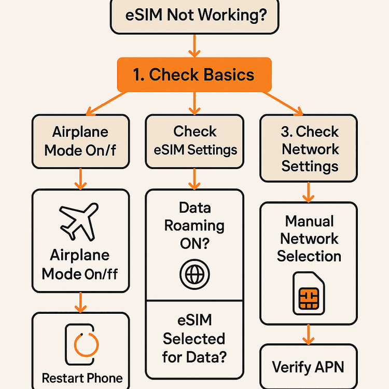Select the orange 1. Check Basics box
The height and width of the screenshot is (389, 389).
click(x=194, y=75)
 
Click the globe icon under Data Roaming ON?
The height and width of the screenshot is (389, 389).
click(x=194, y=273)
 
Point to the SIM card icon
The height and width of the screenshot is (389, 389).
click(x=309, y=293)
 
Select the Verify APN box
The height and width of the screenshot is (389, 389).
click(x=308, y=367)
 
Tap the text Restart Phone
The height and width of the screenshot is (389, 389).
click(x=82, y=378)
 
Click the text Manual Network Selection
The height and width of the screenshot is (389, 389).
click(x=309, y=239)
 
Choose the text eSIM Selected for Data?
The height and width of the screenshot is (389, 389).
click(x=194, y=339)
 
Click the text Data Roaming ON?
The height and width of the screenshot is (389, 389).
click(x=194, y=226)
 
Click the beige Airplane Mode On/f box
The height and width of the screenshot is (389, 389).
click(x=80, y=141)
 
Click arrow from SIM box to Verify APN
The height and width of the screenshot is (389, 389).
click(x=309, y=334)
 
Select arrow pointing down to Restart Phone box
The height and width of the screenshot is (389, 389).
click(x=80, y=302)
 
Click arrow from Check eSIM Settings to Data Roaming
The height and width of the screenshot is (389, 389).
click(x=194, y=178)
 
